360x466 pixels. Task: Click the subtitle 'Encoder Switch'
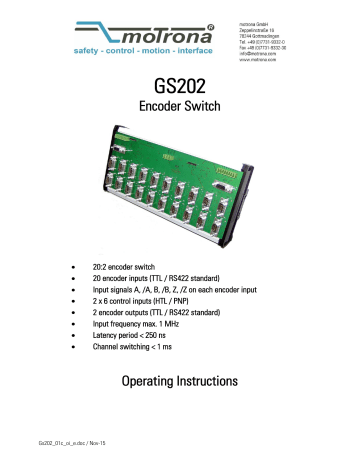point(180,114)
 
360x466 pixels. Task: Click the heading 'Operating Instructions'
point(180,409)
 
